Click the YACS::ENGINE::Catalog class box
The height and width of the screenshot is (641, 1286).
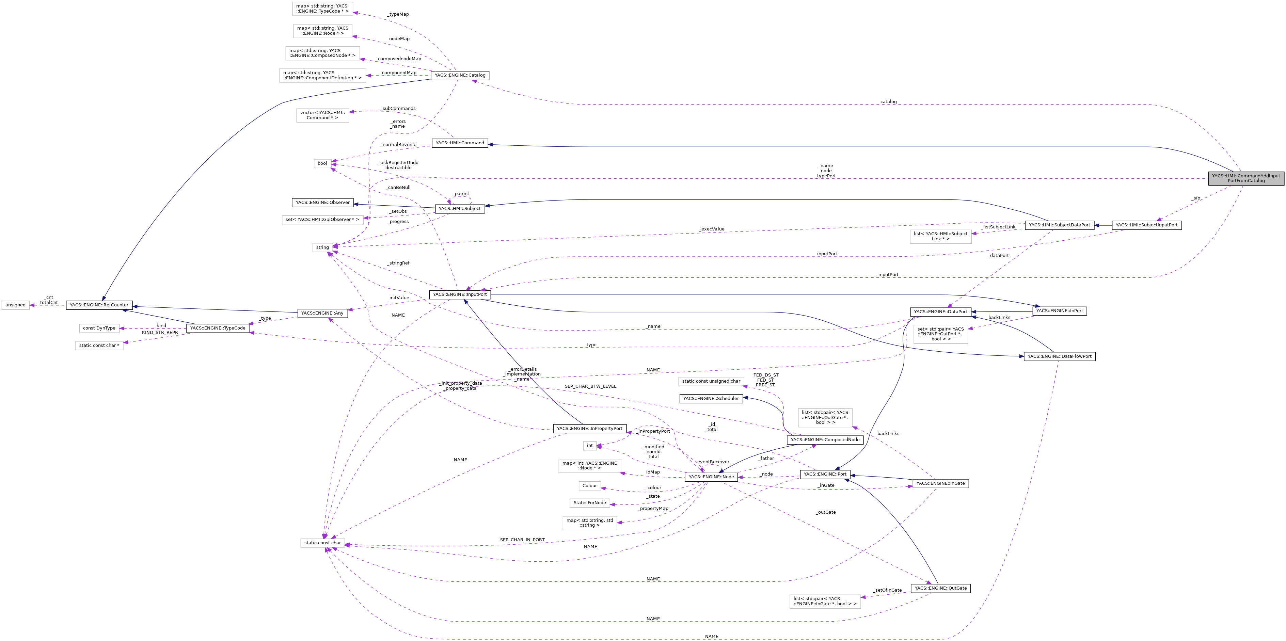point(459,75)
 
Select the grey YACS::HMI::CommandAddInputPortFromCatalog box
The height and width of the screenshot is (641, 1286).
point(1245,178)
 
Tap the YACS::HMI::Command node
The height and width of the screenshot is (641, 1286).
point(459,143)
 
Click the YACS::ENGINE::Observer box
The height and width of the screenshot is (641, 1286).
point(322,203)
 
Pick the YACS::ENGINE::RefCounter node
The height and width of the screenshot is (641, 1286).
point(99,305)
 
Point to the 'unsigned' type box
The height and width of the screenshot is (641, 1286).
point(15,305)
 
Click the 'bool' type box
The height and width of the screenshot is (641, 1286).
point(322,163)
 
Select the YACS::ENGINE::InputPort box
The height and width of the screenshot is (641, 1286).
point(459,294)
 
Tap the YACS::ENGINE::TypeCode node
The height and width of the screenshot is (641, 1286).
point(217,328)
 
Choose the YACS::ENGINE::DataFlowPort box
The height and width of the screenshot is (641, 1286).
point(1059,356)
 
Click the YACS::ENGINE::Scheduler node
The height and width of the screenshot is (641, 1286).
point(710,398)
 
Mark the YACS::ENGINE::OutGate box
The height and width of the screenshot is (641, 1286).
point(940,588)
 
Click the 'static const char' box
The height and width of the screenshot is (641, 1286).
point(322,543)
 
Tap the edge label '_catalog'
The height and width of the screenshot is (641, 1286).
point(888,102)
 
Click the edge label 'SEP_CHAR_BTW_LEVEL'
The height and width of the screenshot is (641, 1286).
point(590,386)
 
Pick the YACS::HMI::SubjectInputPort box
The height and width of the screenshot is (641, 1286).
point(1146,225)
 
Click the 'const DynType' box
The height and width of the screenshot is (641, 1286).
point(99,328)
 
